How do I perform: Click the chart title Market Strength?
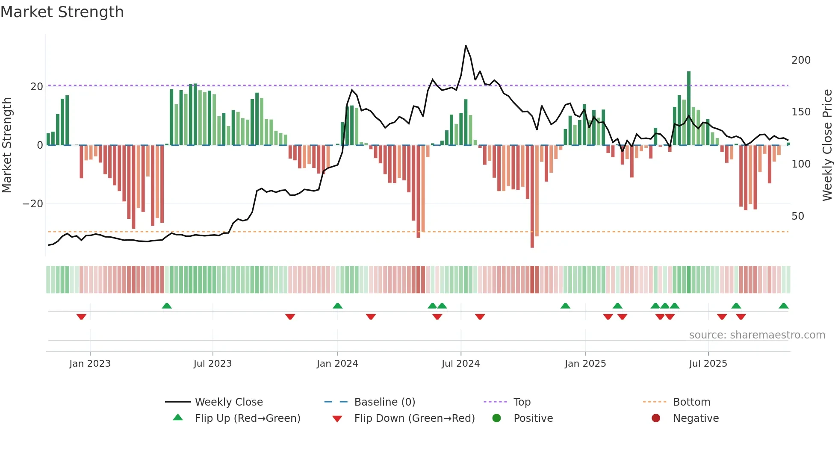(62, 12)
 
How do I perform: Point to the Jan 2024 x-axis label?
(337, 364)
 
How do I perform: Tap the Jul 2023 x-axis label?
(212, 364)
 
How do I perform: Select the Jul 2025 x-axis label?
(708, 364)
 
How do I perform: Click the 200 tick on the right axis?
(800, 60)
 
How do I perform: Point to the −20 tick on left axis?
(33, 204)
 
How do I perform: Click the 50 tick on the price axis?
(797, 216)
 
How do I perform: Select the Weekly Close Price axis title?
(827, 145)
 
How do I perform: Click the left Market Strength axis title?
(7, 145)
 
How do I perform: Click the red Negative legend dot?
(655, 418)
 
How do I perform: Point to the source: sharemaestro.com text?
(757, 335)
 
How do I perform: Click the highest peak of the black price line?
(466, 46)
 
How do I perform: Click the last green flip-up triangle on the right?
(783, 306)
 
